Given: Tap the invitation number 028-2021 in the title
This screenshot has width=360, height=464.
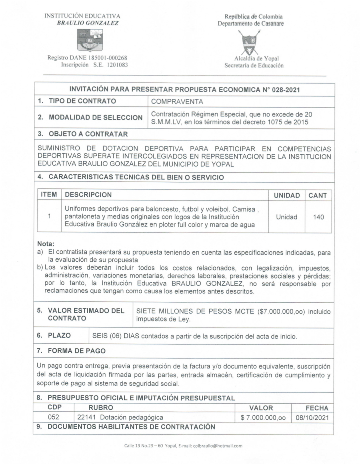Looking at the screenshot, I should pyautogui.click(x=285, y=90).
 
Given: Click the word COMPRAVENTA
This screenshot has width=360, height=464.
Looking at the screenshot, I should pyautogui.click(x=177, y=102).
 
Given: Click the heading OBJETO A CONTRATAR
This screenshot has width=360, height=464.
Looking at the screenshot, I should pyautogui.click(x=88, y=134).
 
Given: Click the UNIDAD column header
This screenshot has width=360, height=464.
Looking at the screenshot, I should pyautogui.click(x=286, y=195).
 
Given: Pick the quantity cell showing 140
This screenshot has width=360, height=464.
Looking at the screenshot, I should pyautogui.click(x=318, y=217).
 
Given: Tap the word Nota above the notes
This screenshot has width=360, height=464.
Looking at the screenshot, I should pyautogui.click(x=46, y=244).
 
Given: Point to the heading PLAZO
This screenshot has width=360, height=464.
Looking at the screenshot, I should pyautogui.click(x=59, y=336).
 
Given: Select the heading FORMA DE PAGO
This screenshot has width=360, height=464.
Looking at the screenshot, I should pyautogui.click(x=76, y=351).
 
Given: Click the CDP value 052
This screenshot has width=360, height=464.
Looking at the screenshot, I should pyautogui.click(x=54, y=417).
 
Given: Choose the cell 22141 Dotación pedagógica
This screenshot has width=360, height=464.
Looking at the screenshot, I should pyautogui.click(x=120, y=418).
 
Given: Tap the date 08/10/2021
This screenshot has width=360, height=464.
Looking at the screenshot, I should pyautogui.click(x=312, y=418).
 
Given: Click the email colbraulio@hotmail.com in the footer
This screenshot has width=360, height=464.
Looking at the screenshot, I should pyautogui.click(x=217, y=446).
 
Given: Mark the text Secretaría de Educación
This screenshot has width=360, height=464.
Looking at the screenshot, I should pyautogui.click(x=254, y=66).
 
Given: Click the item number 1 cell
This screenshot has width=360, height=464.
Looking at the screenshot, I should pyautogui.click(x=49, y=216).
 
